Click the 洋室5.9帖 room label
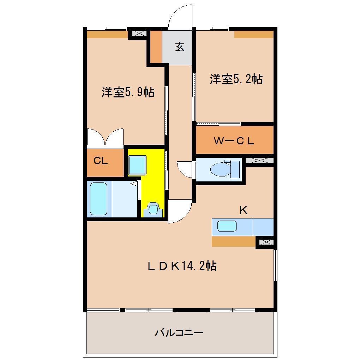click(128, 92)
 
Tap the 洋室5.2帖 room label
click(236, 79)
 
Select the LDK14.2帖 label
click(182, 266)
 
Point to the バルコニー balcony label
click(179, 332)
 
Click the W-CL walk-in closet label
click(234, 140)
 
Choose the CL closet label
click(100, 161)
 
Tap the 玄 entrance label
click(180, 47)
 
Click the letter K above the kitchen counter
click(243, 211)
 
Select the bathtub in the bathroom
click(98, 199)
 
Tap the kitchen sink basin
click(227, 226)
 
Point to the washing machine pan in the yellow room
click(137, 165)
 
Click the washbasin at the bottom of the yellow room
click(152, 209)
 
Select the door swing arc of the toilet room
click(184, 168)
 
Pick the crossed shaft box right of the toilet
click(259, 160)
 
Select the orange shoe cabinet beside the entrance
click(156, 47)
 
